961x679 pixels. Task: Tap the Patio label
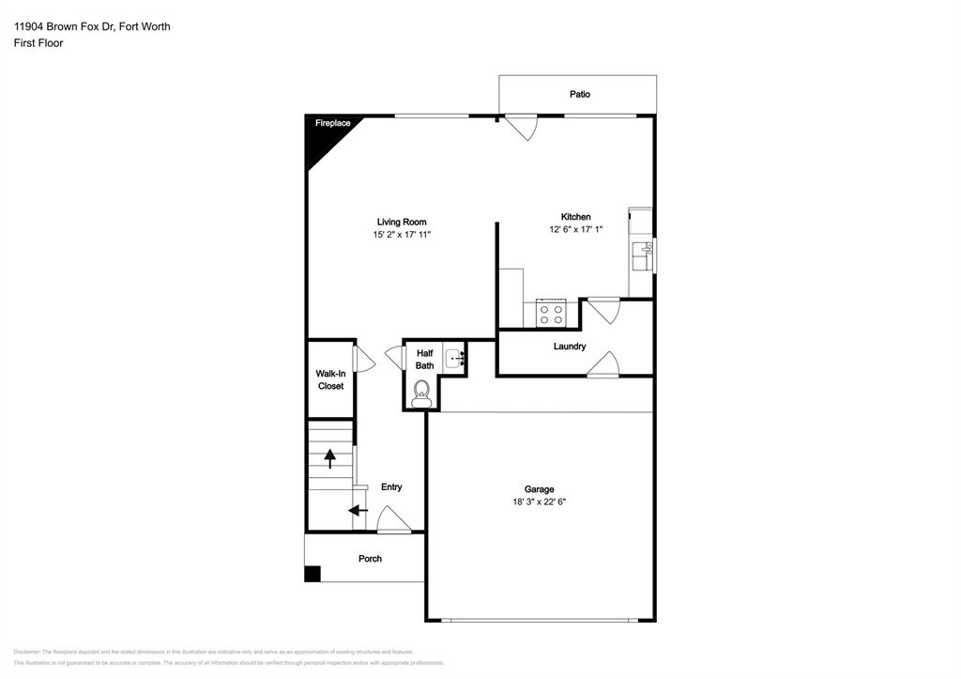pos(579,94)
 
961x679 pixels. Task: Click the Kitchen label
pos(575,217)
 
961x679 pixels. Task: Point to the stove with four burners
pos(551,313)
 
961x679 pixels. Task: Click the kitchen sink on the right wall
pos(644,254)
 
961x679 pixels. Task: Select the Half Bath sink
pos(454,358)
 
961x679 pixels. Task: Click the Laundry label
pos(570,347)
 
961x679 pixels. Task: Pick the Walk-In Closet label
pos(330,379)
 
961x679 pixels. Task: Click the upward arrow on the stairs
pos(330,458)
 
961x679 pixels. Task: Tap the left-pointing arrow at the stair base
pos(358,511)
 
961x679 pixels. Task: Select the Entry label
pos(391,486)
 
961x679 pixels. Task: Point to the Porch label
pos(370,559)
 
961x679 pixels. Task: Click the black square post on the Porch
pos(313,574)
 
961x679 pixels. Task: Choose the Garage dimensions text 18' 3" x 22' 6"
pos(539,502)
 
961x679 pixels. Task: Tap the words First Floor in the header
pos(38,43)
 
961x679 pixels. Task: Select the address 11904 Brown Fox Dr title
pos(92,27)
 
